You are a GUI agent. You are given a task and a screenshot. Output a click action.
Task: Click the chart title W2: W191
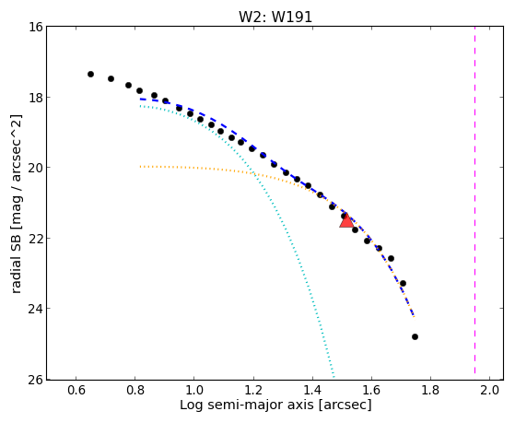coord(275,18)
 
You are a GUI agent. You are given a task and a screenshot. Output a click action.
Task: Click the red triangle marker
coord(346,221)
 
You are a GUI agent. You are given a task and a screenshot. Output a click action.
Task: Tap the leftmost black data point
coord(90,75)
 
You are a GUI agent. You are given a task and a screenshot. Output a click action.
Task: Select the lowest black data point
coord(415,337)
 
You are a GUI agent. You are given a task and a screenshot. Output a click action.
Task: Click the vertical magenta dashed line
coord(475,200)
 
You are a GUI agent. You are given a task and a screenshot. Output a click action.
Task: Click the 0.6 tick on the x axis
coord(76,390)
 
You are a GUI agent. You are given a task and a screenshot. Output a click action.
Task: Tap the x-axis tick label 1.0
coord(194,390)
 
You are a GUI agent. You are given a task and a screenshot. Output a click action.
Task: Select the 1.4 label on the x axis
coord(312,390)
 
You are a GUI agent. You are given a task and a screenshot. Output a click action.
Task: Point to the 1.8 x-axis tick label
coord(430,390)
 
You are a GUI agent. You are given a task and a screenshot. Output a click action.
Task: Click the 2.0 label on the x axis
coord(490,390)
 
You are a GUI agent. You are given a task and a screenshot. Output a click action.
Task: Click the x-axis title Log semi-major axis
coord(247,405)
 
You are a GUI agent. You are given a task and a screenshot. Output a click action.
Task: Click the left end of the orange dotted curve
coord(140,167)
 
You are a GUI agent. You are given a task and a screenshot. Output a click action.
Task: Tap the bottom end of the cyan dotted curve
coord(334,377)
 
